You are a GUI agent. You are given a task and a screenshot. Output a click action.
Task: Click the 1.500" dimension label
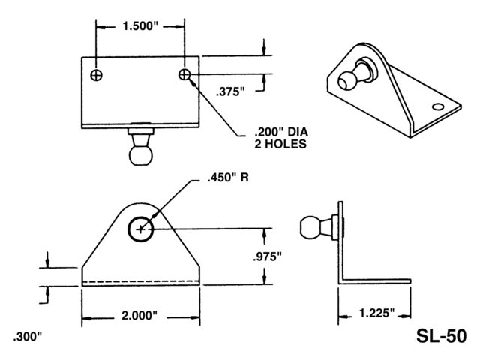pos(140,26)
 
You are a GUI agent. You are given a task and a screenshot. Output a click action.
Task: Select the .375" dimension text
pos(230,91)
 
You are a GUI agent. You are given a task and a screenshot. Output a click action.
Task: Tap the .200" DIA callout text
pos(281,132)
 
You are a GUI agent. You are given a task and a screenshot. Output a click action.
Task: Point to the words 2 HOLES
pos(280,144)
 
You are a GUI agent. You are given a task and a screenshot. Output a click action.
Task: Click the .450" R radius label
pos(228,178)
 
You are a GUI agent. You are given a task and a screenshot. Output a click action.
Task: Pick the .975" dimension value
pos(267,256)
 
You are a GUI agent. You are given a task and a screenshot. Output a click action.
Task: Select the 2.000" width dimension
pos(139,315)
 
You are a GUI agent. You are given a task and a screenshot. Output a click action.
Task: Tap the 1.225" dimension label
pos(376,313)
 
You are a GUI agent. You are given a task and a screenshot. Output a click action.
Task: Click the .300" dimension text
pos(27,337)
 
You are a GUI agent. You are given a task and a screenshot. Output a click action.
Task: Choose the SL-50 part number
pos(442,336)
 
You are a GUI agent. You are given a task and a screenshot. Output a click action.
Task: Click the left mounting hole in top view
pos(97,75)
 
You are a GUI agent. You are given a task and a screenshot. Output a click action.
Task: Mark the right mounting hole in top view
pos(184,74)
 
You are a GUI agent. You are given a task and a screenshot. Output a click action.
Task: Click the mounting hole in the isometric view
pos(438,106)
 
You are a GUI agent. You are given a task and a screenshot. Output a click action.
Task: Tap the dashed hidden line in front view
pos(140,281)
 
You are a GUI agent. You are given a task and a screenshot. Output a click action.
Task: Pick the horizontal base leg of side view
pos(374,281)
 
